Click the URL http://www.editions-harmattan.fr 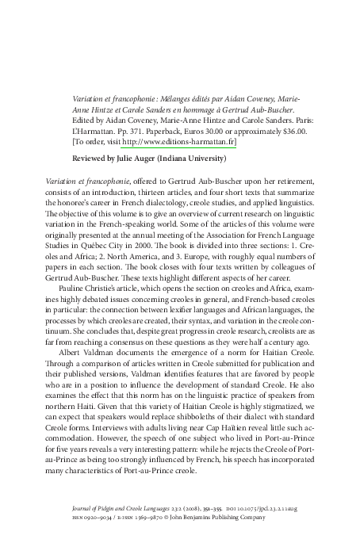point(179,143)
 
